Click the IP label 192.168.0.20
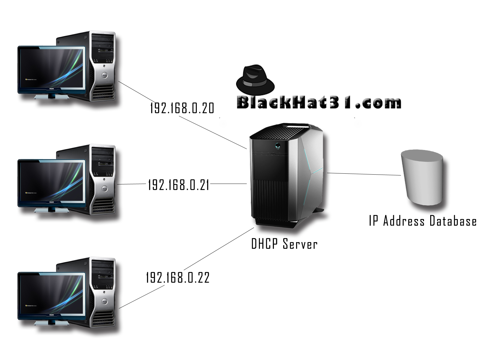click(x=182, y=108)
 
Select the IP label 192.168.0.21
click(x=178, y=185)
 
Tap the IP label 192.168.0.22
click(x=178, y=278)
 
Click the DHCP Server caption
click(x=284, y=244)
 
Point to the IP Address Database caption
click(x=422, y=221)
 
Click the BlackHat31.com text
click(x=319, y=103)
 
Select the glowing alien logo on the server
click(x=278, y=146)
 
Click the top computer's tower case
click(x=102, y=66)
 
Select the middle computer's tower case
click(x=102, y=180)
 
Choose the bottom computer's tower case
click(x=102, y=292)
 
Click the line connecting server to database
click(x=364, y=174)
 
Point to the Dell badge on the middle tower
click(x=105, y=188)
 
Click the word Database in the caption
click(x=453, y=221)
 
